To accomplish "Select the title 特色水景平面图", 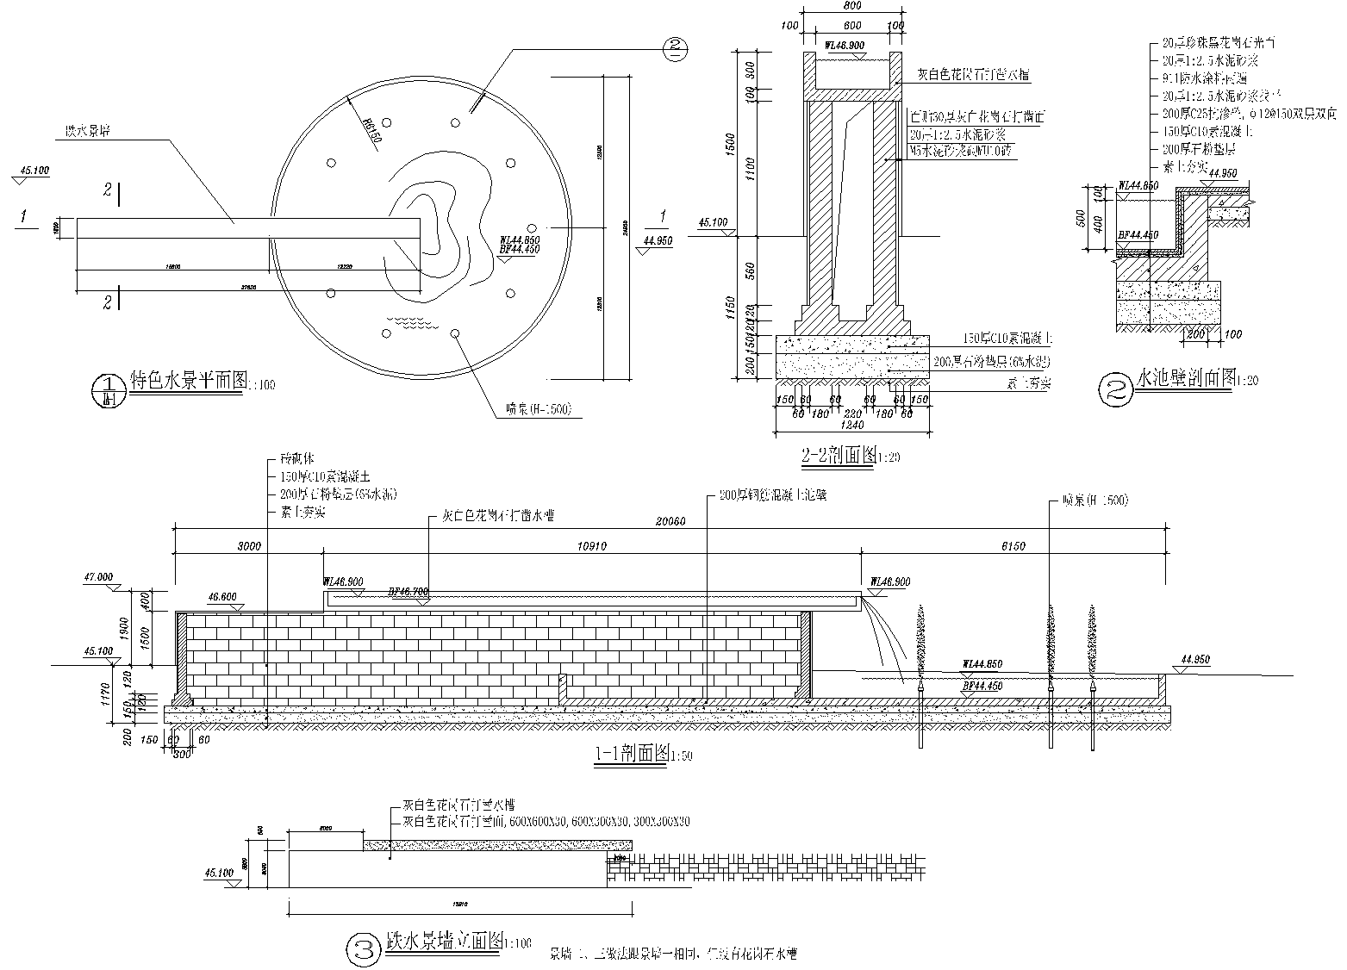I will point(188,381).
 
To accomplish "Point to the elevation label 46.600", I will point(222,595).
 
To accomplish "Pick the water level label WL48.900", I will point(846,44).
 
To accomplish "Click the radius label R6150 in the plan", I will point(371,130).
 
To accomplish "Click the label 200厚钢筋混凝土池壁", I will point(765,496).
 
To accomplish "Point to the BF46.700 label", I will point(408,593).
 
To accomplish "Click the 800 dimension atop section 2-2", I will point(852,6).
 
